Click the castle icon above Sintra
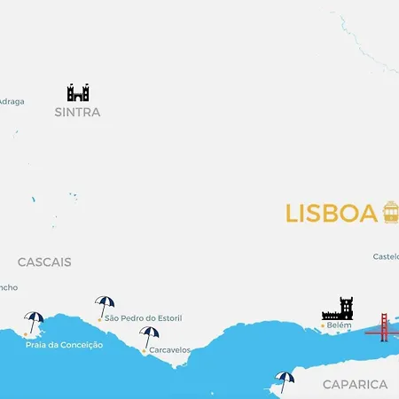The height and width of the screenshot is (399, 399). pos(78,92)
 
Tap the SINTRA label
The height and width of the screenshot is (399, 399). pos(77,113)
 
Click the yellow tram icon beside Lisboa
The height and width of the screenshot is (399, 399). pos(390,212)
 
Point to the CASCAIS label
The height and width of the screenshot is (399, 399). pos(44,262)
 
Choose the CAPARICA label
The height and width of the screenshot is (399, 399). pos(355,384)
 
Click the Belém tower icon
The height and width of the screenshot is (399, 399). pos(338,309)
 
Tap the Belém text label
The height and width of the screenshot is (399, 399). pos(340,325)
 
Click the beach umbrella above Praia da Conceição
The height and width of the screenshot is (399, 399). pos(35,321)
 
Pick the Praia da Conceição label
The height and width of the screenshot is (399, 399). pos(65,345)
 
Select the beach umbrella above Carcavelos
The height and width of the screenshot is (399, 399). pos(149,336)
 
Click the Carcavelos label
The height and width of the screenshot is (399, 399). pos(169,350)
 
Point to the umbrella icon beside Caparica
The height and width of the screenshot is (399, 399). pos(284,380)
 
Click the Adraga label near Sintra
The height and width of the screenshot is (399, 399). pos(12,101)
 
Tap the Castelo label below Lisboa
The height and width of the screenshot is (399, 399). pos(386,257)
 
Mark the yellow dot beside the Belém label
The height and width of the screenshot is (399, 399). pos(322,325)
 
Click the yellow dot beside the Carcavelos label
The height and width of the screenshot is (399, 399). pos(144,350)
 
